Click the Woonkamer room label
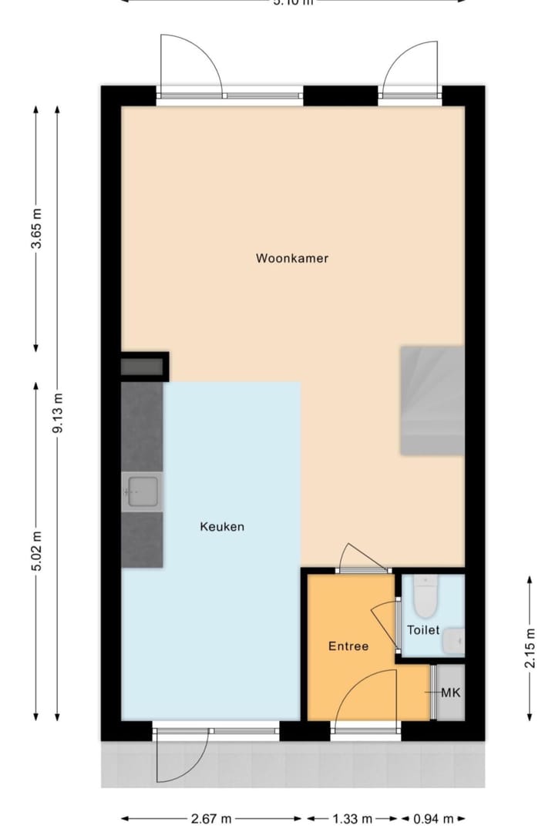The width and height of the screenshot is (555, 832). (x=292, y=258)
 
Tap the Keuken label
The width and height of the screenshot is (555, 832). (x=222, y=527)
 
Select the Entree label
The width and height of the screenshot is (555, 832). (x=348, y=646)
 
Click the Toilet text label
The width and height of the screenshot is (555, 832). (x=423, y=630)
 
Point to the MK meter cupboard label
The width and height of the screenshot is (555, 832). (x=451, y=693)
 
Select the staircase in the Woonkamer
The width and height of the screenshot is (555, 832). (x=432, y=401)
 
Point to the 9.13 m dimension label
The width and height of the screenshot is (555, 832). (x=58, y=413)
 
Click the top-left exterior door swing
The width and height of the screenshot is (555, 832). (x=189, y=65)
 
